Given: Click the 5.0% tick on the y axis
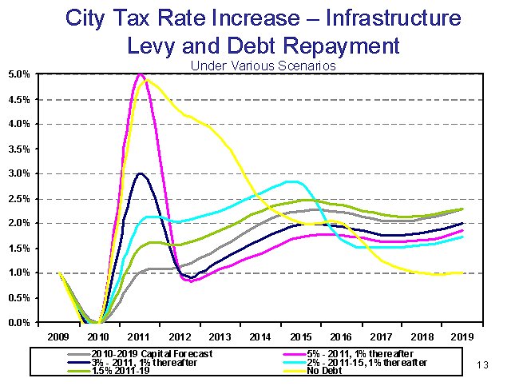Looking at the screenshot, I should [x=19, y=74].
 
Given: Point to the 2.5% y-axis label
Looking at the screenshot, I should [x=19, y=198].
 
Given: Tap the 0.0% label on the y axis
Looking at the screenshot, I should [x=19, y=322].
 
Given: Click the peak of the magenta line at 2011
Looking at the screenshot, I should [x=140, y=74].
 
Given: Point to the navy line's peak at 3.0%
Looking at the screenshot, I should [x=140, y=173].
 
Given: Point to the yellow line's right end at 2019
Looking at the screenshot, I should [x=462, y=273].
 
